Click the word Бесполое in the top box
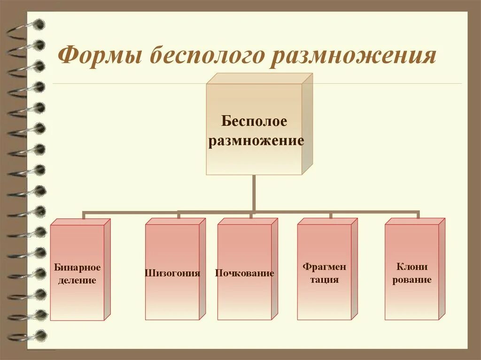[x=254, y=122]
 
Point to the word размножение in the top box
[x=256, y=140]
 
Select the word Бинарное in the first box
[x=77, y=268]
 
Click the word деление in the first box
[x=77, y=281]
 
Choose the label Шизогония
[x=172, y=273]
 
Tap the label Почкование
[x=244, y=273]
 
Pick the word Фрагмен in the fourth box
[x=324, y=267]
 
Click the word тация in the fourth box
[x=324, y=280]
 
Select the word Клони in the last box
[x=411, y=267]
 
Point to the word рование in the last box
[x=411, y=280]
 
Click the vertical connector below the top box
[x=254, y=192]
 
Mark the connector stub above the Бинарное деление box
[x=84, y=215]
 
